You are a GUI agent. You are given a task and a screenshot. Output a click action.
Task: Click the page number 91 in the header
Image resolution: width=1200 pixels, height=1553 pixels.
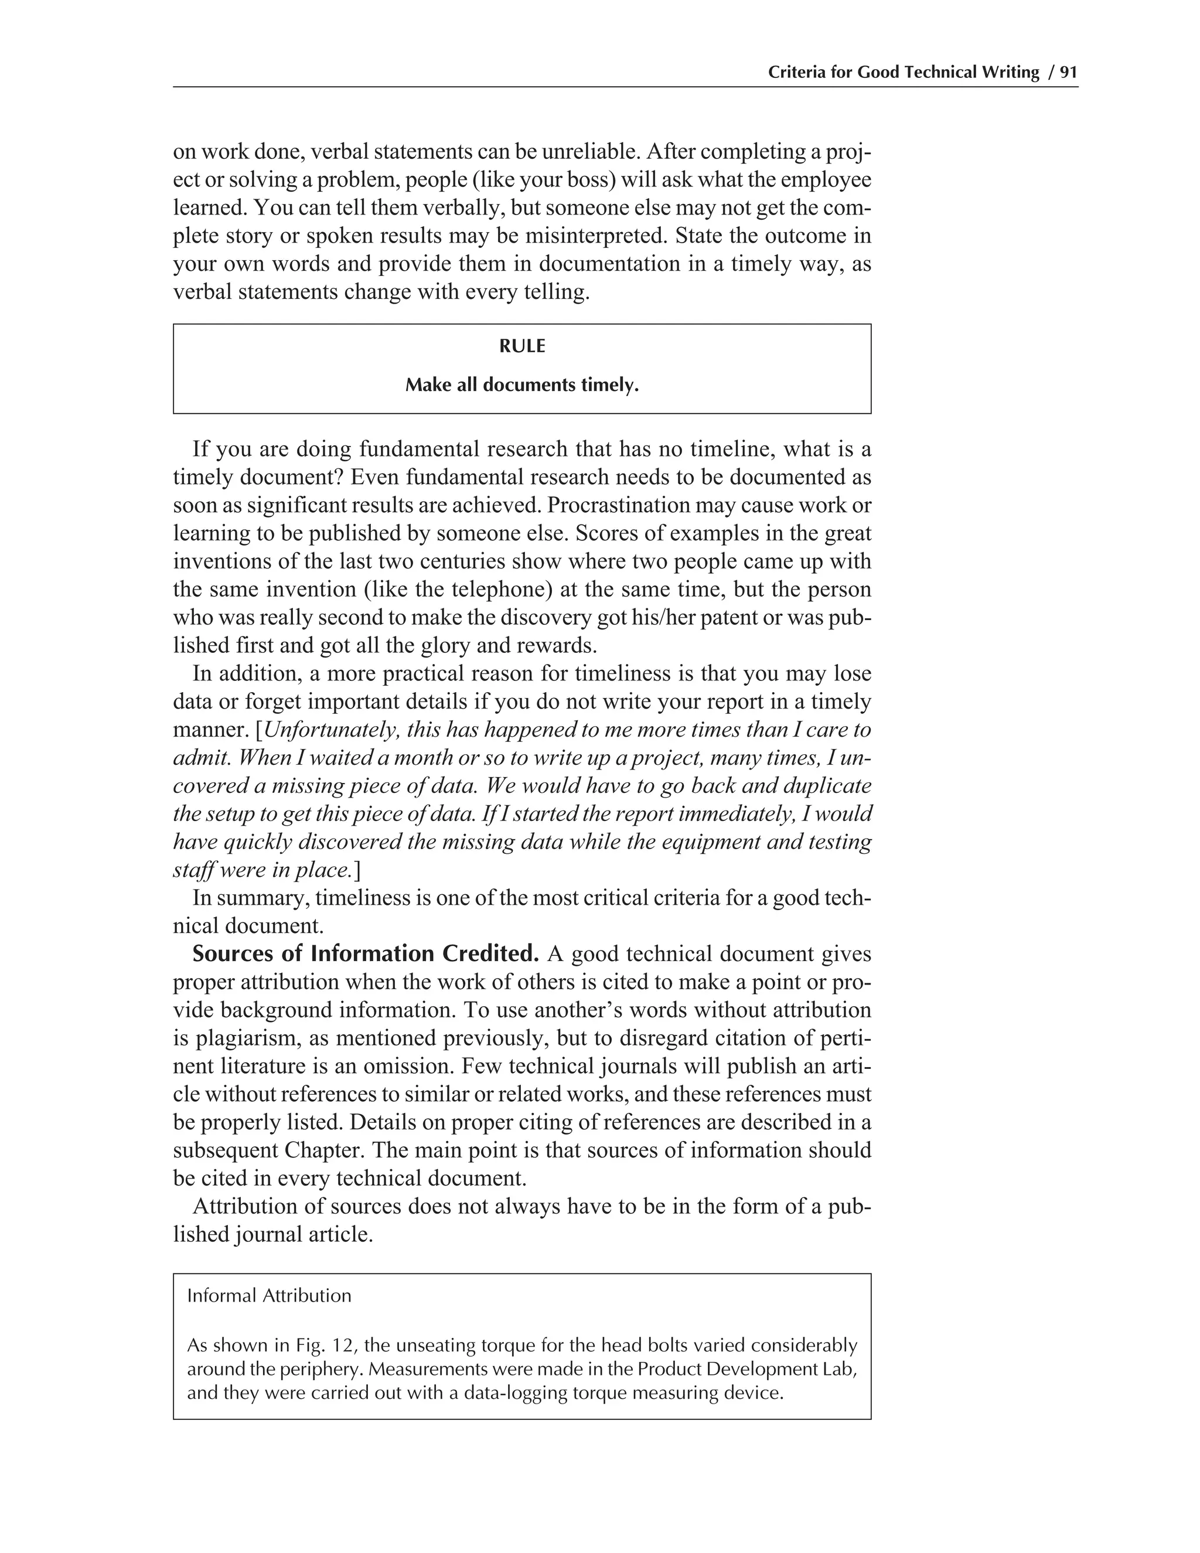tap(1069, 72)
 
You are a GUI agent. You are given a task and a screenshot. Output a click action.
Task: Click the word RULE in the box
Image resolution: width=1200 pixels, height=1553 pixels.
tap(522, 346)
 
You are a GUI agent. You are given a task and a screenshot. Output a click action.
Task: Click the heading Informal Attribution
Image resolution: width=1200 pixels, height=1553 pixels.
tap(269, 1296)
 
